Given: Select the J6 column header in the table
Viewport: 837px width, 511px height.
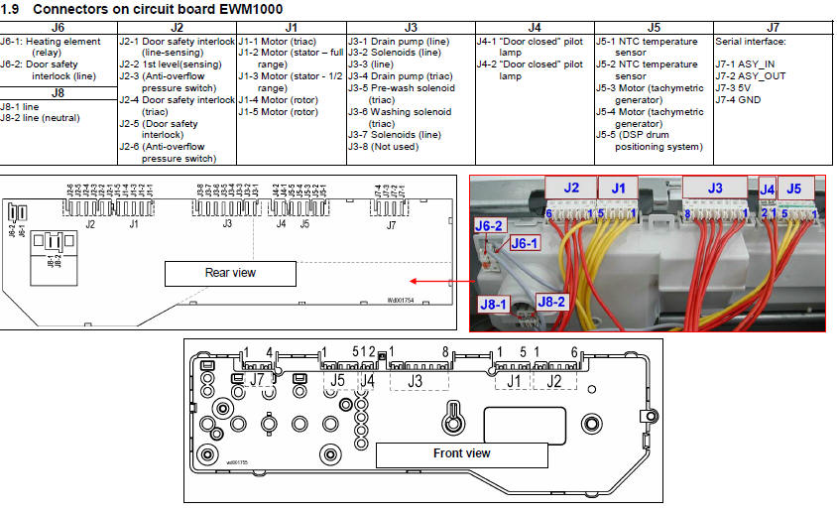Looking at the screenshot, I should pos(59,27).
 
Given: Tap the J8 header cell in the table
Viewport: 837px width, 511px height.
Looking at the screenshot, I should pos(59,93).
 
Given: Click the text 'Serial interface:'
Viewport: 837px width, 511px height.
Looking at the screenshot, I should pos(751,43).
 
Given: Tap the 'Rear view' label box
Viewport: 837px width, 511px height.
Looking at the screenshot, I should pos(230,273).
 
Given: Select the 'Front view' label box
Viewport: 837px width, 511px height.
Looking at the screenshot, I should pos(461,453).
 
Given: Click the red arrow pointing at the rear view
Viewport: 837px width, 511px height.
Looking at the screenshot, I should pos(437,281).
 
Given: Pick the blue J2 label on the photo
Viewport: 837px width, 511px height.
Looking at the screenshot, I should pos(570,187).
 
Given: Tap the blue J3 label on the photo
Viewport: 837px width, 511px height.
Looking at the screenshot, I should pos(715,187).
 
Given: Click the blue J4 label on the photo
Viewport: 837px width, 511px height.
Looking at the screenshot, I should pos(767,187).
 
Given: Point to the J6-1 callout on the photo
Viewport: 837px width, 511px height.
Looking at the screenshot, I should pos(524,243).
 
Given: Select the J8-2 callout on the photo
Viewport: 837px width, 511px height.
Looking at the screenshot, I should pos(551,301).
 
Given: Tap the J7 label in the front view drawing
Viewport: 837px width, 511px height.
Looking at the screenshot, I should pos(257,378).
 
